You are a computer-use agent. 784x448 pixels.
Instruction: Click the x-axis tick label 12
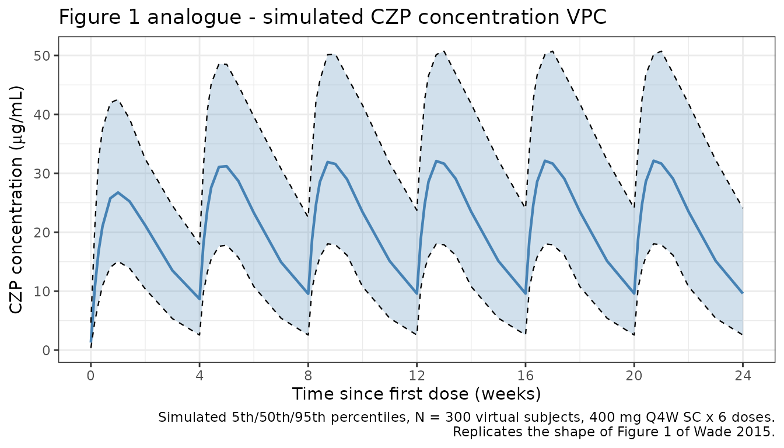[416, 375]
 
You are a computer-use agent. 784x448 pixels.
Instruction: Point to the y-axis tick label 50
[45, 55]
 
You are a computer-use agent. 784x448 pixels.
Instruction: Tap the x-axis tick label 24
[743, 375]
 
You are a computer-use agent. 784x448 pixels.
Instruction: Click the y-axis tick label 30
[45, 174]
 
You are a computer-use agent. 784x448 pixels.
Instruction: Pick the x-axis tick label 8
[308, 375]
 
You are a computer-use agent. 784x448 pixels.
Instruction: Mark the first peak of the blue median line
[118, 192]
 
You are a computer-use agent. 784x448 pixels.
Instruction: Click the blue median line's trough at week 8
[308, 294]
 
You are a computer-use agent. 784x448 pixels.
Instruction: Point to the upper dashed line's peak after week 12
[444, 51]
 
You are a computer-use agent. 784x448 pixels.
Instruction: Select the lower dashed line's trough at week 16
[525, 334]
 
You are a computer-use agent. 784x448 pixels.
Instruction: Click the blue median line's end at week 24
[743, 293]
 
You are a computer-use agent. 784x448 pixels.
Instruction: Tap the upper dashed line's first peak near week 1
[118, 100]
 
